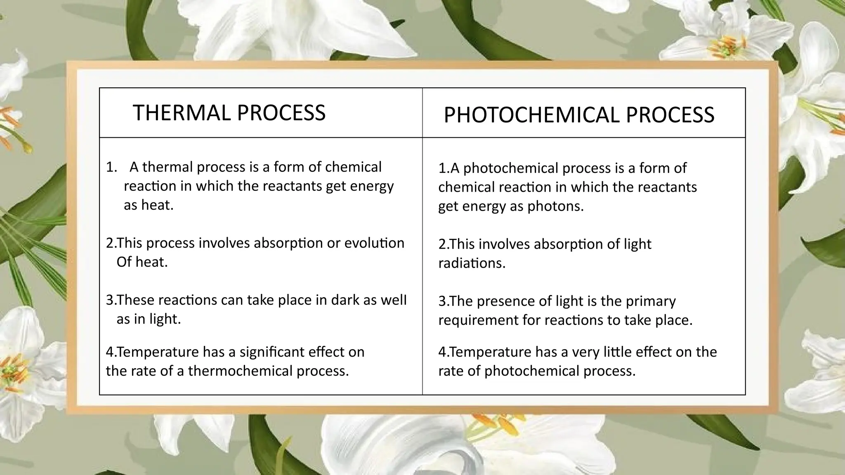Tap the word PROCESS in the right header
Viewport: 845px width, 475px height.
[x=670, y=115]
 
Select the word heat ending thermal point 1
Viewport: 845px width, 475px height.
[x=156, y=205]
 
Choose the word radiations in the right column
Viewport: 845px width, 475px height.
[x=472, y=263]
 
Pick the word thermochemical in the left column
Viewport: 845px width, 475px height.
[x=240, y=371]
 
